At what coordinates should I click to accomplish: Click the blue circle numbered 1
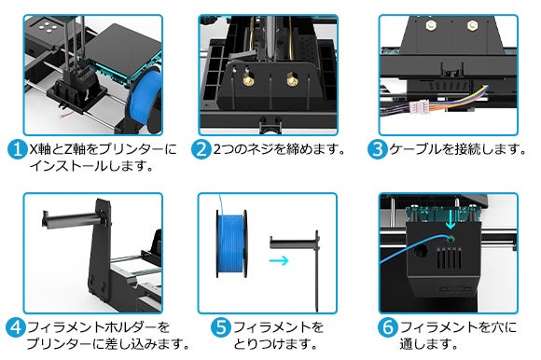[x=17, y=149]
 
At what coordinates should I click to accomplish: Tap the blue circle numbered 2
[x=201, y=149]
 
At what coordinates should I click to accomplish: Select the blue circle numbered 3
[x=377, y=149]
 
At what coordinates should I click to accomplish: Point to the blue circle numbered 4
[x=16, y=327]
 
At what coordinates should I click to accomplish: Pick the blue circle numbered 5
[x=220, y=327]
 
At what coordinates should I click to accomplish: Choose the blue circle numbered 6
[x=387, y=327]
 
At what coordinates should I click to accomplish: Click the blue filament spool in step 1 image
[x=145, y=99]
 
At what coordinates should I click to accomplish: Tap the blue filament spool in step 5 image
[x=230, y=243]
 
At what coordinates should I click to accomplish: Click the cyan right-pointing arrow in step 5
[x=279, y=260]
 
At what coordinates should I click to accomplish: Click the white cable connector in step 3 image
[x=419, y=106]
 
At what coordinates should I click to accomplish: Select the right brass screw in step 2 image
[x=292, y=79]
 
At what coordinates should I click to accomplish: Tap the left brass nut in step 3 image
[x=431, y=25]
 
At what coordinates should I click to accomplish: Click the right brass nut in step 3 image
[x=472, y=25]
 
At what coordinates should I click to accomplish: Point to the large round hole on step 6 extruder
[x=421, y=251]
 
